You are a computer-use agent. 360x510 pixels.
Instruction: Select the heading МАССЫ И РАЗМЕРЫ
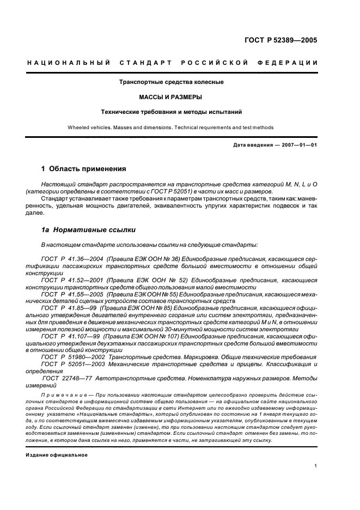pyautogui.click(x=172, y=97)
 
